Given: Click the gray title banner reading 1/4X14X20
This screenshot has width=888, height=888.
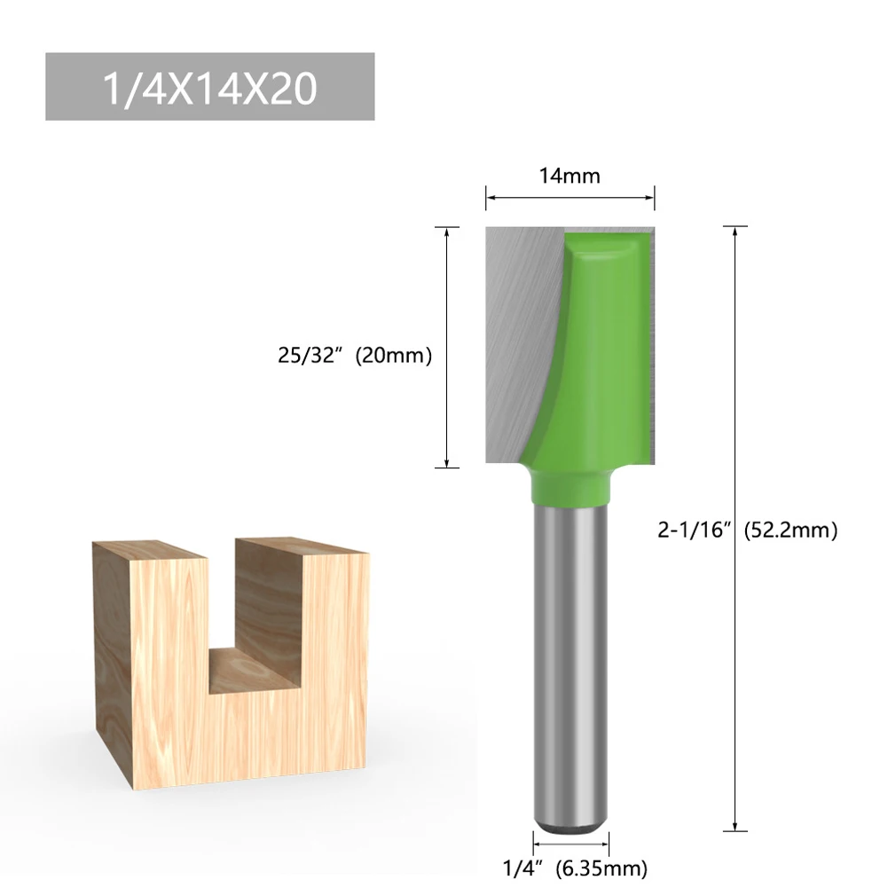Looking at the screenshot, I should pyautogui.click(x=209, y=87).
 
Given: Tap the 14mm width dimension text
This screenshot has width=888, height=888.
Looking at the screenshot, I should pyautogui.click(x=570, y=176).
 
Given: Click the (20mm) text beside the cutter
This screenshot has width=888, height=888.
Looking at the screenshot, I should pyautogui.click(x=393, y=357).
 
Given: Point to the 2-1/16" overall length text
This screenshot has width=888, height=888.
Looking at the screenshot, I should pyautogui.click(x=693, y=531).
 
